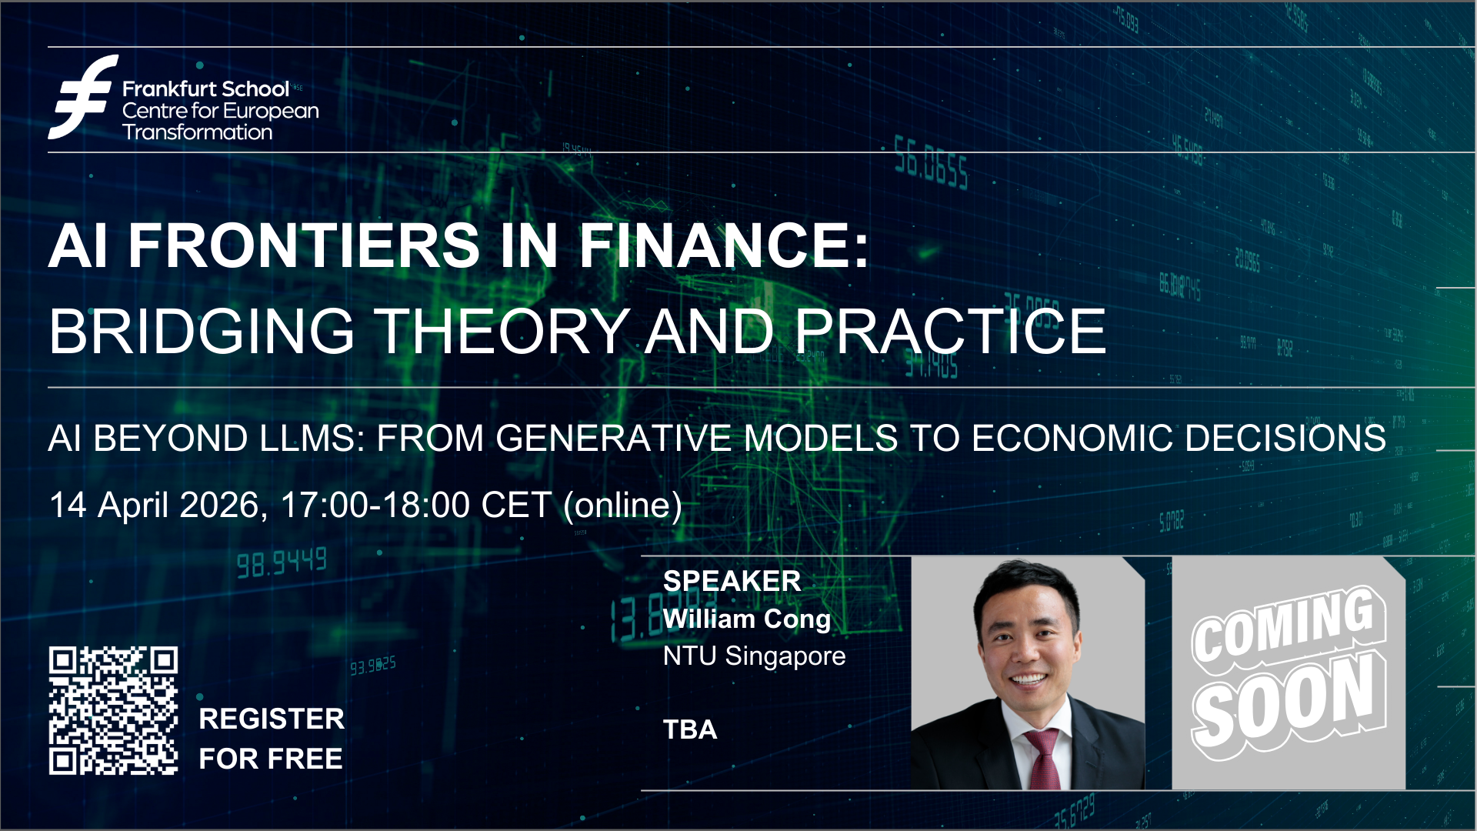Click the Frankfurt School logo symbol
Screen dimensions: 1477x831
(83, 97)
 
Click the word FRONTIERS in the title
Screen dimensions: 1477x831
(304, 245)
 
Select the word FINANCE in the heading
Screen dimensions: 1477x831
(724, 245)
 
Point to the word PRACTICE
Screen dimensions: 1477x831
(950, 332)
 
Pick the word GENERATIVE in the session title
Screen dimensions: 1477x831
(613, 439)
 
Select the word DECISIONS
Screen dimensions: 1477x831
(1285, 439)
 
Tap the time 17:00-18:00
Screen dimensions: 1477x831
(375, 506)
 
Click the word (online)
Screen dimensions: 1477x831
(622, 506)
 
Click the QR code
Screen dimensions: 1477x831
(113, 710)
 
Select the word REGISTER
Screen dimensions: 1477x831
(272, 719)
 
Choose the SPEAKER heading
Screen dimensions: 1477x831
(732, 581)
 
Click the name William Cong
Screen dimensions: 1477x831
(747, 619)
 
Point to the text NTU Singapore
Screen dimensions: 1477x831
(754, 656)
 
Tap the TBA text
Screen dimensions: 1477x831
(690, 729)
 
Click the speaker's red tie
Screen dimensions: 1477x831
(1041, 758)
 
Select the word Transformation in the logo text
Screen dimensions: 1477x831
(197, 132)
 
